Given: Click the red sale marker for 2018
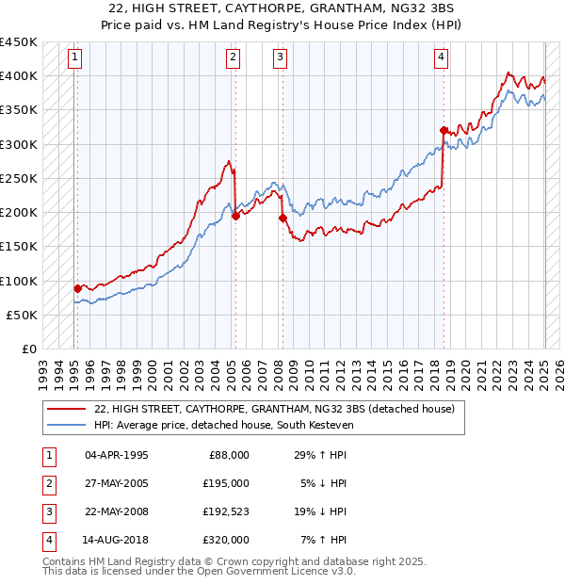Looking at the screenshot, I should click(x=444, y=130).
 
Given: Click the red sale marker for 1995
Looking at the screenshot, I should click(x=77, y=288).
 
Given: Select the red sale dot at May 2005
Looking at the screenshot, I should click(x=235, y=216).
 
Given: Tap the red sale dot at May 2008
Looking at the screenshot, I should click(x=282, y=218).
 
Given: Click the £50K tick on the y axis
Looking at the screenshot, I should click(x=23, y=315).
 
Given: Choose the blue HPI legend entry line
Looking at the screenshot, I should click(x=66, y=425).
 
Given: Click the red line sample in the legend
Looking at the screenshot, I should click(x=66, y=409).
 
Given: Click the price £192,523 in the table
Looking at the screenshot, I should click(x=222, y=511).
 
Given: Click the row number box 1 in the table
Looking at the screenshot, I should click(x=48, y=455).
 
